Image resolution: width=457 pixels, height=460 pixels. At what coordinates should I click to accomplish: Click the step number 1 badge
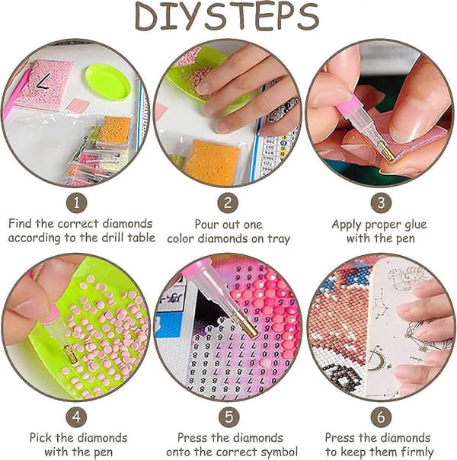tap(77, 203)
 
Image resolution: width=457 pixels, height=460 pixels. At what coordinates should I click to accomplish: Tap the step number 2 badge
tap(228, 203)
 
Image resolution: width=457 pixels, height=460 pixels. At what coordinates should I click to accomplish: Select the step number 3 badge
tap(381, 203)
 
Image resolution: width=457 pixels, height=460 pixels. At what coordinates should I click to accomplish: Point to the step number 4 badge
tap(76, 417)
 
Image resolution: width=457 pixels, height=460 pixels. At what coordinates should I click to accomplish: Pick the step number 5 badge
tap(228, 417)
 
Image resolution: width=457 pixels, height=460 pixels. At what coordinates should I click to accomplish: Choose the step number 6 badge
tap(381, 417)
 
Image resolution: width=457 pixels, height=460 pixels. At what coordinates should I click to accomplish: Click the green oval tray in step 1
tap(108, 83)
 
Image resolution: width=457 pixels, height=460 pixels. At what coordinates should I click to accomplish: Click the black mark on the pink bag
tap(44, 81)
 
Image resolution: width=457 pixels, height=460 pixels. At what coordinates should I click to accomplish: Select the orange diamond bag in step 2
tap(212, 162)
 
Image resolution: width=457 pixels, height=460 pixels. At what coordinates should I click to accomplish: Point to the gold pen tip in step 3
tap(386, 152)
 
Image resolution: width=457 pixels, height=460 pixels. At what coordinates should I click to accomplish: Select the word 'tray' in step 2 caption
tap(278, 239)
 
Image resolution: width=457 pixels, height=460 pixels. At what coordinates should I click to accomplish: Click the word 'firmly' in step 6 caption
tap(416, 452)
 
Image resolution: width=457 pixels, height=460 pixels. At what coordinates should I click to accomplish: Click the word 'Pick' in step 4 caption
tap(41, 438)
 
